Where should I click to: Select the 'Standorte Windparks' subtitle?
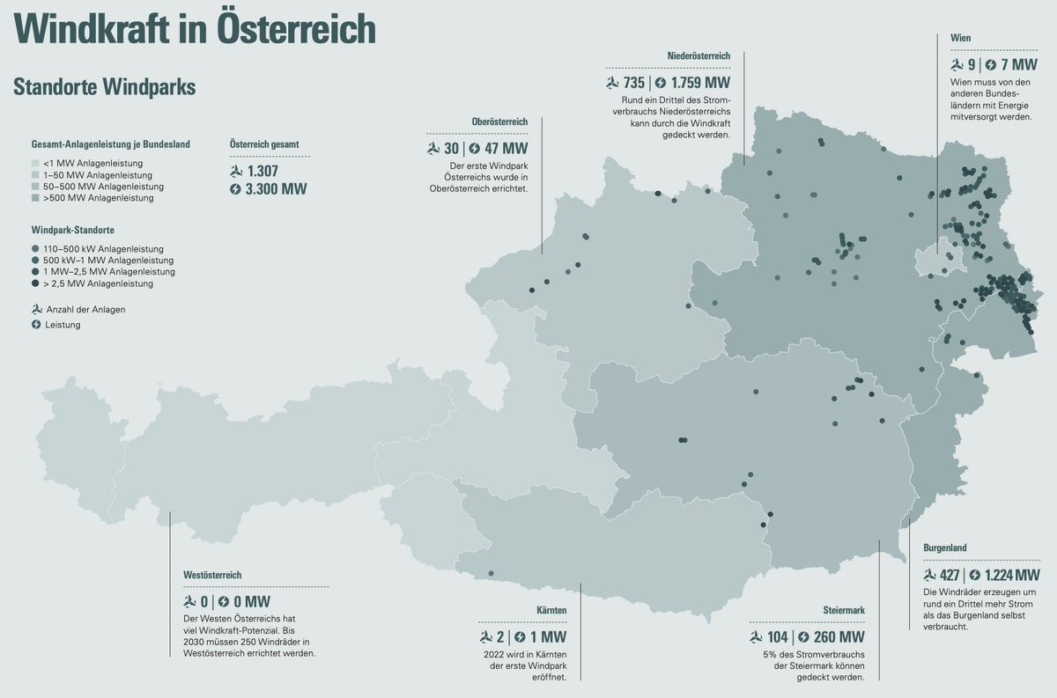(x=104, y=87)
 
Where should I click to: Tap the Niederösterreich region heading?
(x=699, y=56)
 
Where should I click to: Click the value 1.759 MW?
(x=700, y=83)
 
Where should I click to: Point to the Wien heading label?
(x=961, y=39)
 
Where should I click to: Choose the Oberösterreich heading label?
(x=499, y=121)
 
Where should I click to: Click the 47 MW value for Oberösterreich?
(x=505, y=149)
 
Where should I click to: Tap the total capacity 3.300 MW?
(x=277, y=189)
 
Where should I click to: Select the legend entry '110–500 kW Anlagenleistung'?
(x=102, y=249)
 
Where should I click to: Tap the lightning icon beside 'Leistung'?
(x=36, y=325)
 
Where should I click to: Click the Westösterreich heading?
(x=211, y=575)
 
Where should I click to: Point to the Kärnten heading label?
(x=551, y=610)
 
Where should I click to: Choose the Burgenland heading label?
(x=944, y=547)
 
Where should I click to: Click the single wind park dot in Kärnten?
(x=491, y=574)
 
